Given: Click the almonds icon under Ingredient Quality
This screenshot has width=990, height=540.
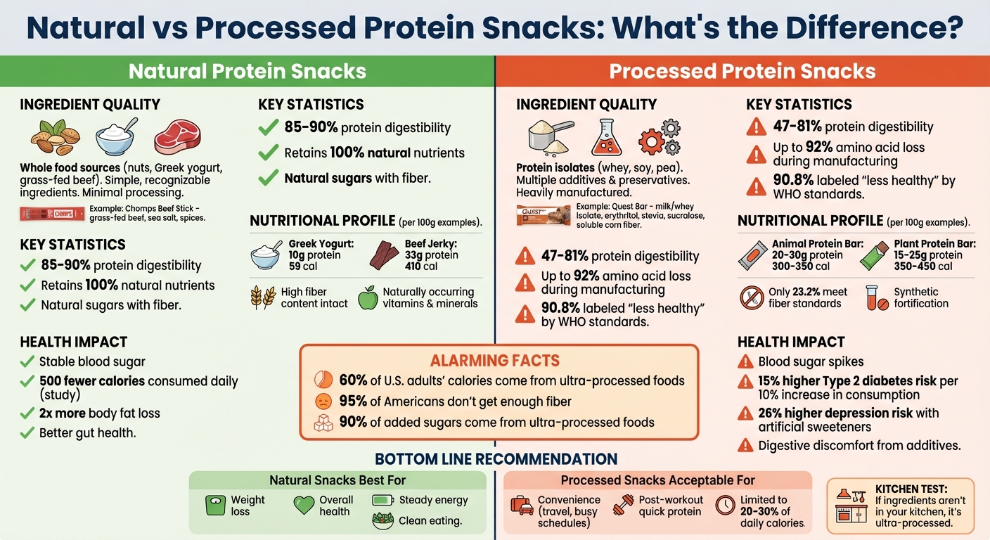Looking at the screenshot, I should tap(55, 137).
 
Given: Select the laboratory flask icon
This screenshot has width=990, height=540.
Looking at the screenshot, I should tap(606, 136).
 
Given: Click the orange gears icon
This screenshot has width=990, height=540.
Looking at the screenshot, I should tap(659, 136).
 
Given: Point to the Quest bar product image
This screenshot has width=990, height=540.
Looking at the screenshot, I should tap(543, 214).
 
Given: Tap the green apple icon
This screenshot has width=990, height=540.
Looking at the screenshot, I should tap(368, 297).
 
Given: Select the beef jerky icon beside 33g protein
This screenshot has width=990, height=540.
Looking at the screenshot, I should tap(384, 255).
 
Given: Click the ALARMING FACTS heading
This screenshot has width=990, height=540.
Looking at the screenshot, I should tap(494, 361).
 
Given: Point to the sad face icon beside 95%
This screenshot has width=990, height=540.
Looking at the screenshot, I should tap(323, 401).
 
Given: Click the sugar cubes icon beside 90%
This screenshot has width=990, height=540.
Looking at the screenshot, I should tap(323, 423).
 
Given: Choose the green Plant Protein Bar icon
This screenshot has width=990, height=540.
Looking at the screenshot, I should tap(874, 255).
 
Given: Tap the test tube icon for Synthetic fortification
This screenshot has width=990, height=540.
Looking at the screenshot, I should tap(873, 297).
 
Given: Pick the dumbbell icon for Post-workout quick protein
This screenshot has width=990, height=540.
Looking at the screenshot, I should tap(623, 505).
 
